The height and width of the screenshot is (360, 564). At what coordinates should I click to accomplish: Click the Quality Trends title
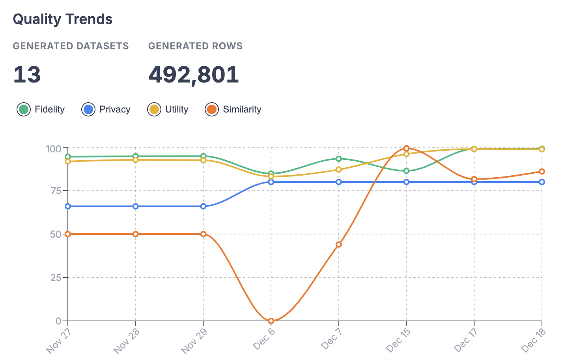point(63,19)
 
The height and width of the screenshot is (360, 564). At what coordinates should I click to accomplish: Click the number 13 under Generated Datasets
point(27,75)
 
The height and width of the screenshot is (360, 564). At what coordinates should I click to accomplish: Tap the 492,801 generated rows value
point(193,75)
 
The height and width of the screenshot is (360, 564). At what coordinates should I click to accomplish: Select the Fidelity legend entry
point(41,109)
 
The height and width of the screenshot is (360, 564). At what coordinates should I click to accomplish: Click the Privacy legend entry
point(106,109)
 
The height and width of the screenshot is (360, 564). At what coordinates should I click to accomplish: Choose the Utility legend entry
point(168,109)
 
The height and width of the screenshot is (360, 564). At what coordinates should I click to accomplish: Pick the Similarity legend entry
point(233,109)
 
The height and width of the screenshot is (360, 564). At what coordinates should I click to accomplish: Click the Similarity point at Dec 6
point(271,321)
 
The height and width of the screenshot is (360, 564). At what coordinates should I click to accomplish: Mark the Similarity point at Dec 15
point(407,148)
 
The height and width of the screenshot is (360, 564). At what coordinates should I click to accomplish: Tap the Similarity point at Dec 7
point(339,245)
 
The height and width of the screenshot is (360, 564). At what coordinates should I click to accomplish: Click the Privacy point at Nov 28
point(136,206)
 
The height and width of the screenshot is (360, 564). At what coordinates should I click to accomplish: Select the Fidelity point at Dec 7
point(339,159)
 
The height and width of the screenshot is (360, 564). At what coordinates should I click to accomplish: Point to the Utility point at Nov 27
point(68,161)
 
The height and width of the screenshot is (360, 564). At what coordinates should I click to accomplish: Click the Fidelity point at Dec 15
point(407,171)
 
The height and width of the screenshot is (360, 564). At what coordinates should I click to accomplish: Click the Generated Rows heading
point(195,46)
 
